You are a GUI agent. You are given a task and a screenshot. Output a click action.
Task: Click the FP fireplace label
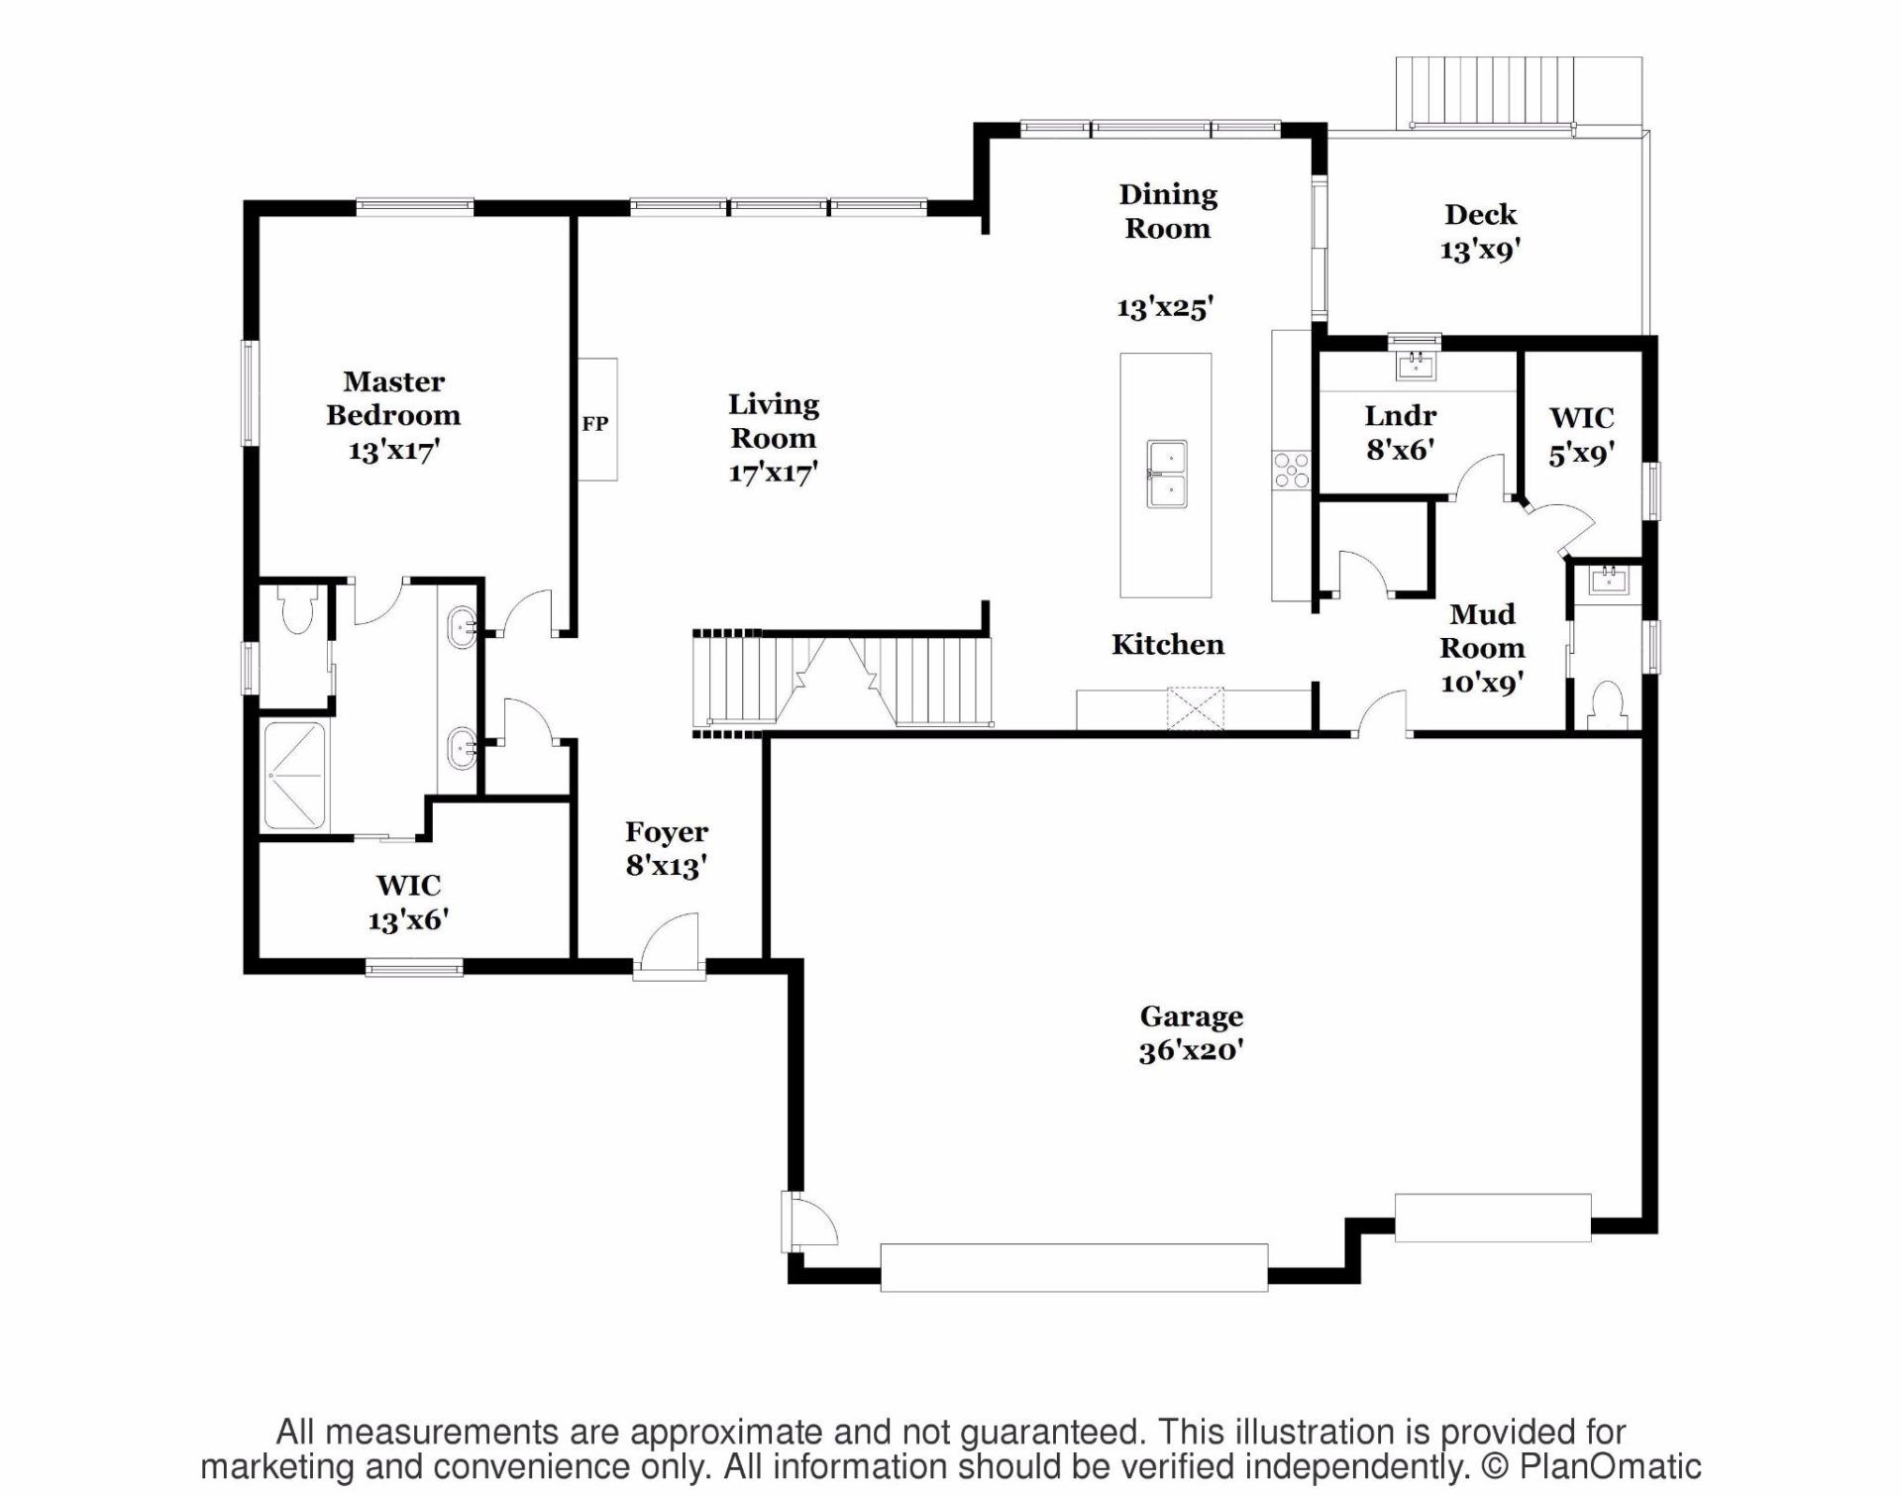pos(594,424)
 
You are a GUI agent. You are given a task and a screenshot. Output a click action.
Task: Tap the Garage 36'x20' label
pos(1191,1033)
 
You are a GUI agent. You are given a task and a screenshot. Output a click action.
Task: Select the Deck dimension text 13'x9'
pos(1480,250)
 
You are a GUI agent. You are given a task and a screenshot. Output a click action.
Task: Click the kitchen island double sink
pos(1167,475)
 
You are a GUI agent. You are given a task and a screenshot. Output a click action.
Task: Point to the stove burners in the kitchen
pos(1292,470)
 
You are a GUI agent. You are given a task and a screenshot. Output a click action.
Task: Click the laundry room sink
pos(1416,365)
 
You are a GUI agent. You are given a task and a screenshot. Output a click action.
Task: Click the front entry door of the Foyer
pos(670,946)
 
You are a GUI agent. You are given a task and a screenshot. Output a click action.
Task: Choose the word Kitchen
pos(1167,645)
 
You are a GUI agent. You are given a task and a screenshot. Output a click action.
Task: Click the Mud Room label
pos(1482,631)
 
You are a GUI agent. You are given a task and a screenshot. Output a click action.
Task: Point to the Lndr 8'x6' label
pos(1400,433)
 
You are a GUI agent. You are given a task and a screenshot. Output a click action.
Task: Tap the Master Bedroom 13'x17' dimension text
pos(393,451)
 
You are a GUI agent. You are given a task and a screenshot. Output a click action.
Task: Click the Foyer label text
pos(667,832)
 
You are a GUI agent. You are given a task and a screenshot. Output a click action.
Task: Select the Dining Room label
pos(1168,212)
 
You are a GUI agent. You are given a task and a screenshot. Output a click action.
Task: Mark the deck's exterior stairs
pos(1485,91)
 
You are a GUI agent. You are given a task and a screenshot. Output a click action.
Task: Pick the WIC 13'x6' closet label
pos(408,903)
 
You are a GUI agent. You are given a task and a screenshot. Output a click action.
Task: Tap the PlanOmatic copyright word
pos(1610,1467)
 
